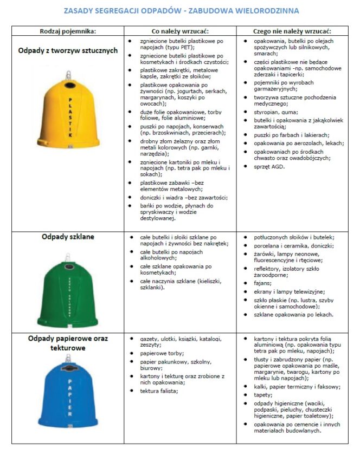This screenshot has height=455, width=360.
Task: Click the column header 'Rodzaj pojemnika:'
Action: (68, 31)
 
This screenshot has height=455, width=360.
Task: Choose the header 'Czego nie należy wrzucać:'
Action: (295, 31)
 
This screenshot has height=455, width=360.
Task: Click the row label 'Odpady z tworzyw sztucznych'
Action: (68, 50)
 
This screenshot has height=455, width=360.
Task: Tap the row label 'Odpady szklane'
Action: (68, 237)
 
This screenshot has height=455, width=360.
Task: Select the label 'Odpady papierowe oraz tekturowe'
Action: (68, 343)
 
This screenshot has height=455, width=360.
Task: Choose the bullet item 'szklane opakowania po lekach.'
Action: (293, 315)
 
